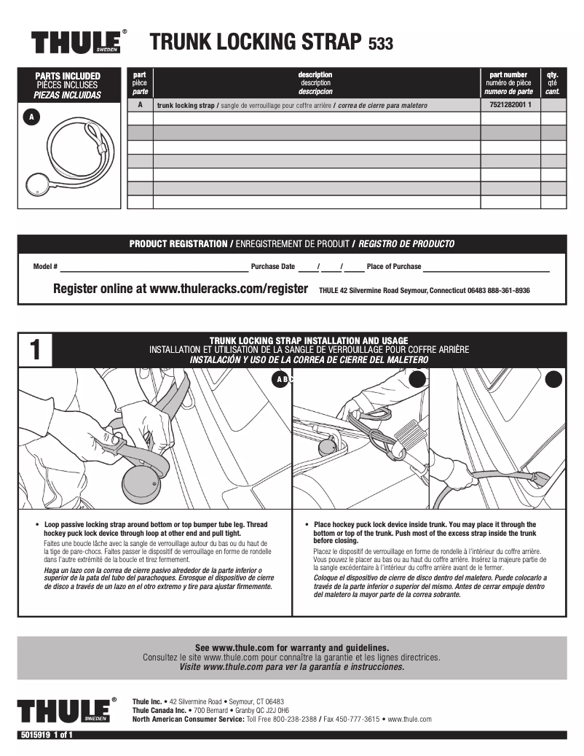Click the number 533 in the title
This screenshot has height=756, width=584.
(381, 44)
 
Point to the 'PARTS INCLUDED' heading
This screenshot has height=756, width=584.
(68, 76)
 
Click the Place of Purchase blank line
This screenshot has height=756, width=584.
(486, 268)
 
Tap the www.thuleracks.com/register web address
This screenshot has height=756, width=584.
(228, 289)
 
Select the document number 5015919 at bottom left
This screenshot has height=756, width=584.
(33, 735)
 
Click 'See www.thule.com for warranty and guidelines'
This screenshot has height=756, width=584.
(291, 647)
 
